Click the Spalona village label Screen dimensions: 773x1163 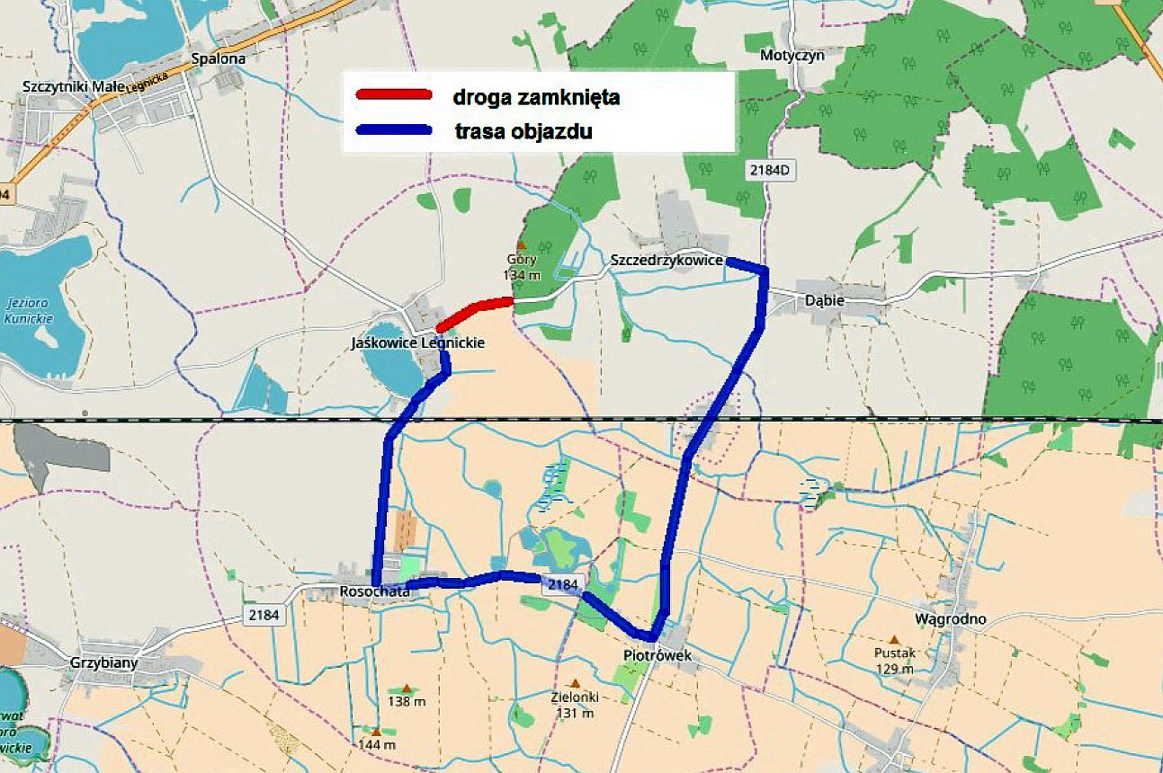[x=219, y=58]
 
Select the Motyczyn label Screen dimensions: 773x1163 [x=792, y=55]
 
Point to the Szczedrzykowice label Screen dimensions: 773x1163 [x=666, y=260]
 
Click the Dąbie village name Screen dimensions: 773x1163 [x=825, y=300]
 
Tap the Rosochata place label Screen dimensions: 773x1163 [x=375, y=591]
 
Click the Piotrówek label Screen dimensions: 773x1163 [x=658, y=655]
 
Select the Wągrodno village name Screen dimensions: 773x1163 [x=950, y=618]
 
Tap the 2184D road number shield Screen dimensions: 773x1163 [x=771, y=169]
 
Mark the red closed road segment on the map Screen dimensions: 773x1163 [x=475, y=310]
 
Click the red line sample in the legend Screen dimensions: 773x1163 [x=394, y=95]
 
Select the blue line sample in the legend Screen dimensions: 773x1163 [x=394, y=129]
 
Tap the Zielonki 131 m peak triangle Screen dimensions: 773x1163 [x=575, y=683]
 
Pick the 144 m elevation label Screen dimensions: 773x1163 [x=377, y=744]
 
